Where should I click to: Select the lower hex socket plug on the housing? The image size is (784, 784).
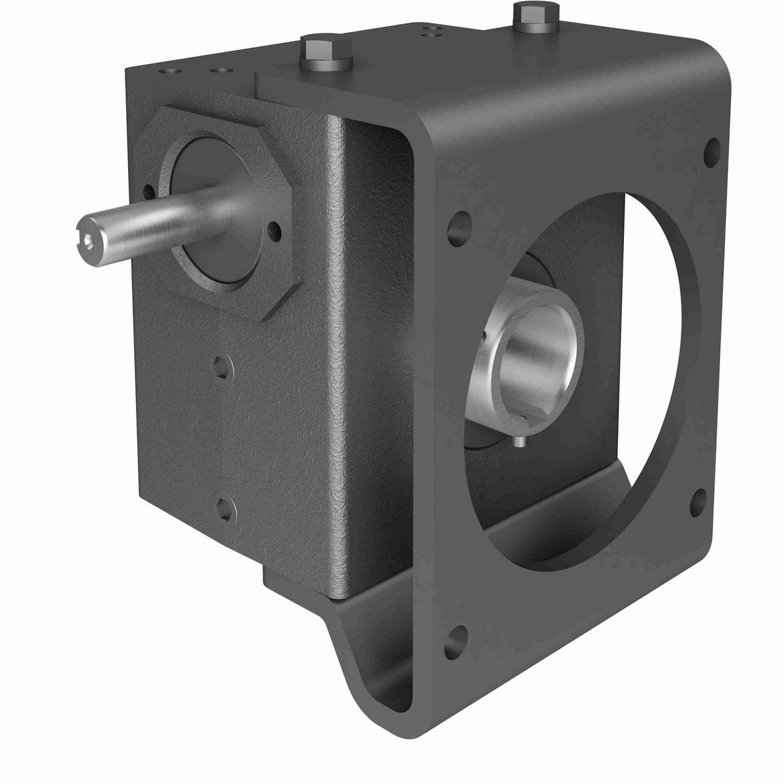click(x=224, y=508)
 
